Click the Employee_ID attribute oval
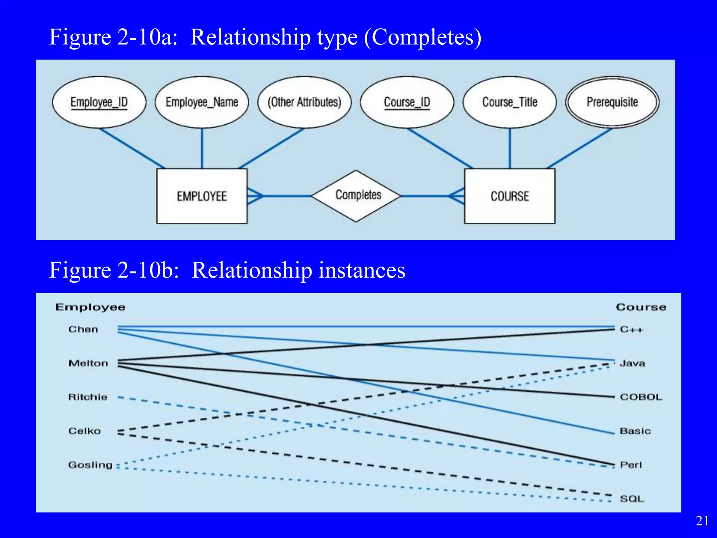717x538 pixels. tap(99, 102)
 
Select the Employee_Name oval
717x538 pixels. tap(202, 102)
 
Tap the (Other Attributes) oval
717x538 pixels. tap(304, 102)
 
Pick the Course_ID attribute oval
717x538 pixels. tap(407, 102)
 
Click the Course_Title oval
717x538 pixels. tap(509, 102)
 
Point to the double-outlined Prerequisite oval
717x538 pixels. tap(612, 102)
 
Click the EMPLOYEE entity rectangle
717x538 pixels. tap(202, 196)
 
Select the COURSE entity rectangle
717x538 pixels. tap(509, 196)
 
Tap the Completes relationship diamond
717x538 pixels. tap(356, 195)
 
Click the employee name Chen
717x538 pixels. tap(83, 329)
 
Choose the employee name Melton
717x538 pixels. tap(88, 363)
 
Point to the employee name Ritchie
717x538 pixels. tap(88, 397)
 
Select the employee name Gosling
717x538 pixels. tap(90, 465)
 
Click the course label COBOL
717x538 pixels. tap(641, 397)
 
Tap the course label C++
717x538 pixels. tap(632, 329)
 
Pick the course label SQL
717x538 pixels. tap(632, 498)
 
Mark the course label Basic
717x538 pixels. tap(635, 431)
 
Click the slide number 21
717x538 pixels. tap(702, 521)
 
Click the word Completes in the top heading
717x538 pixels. tap(423, 37)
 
